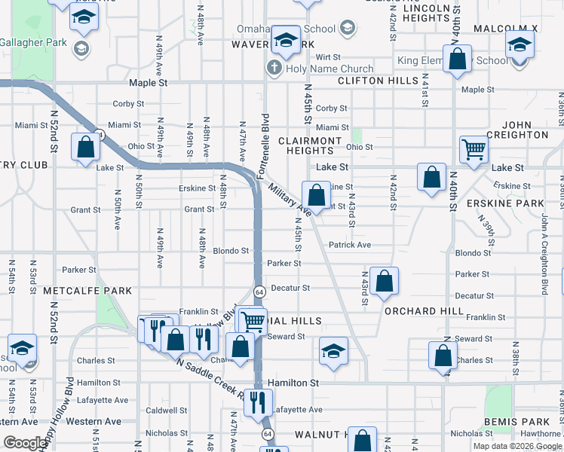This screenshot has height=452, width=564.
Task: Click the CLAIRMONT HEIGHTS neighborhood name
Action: click(310, 146)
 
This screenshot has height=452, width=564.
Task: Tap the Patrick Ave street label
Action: click(350, 245)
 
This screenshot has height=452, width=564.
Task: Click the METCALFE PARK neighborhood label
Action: click(88, 291)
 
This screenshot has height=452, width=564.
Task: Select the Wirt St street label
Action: click(329, 57)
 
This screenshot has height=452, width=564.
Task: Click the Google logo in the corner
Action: click(25, 443)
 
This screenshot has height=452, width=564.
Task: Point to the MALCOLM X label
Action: click(505, 29)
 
